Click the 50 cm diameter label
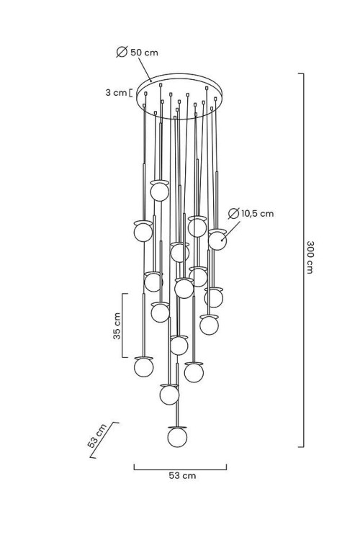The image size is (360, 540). click(144, 53)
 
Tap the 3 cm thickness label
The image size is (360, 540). click(116, 93)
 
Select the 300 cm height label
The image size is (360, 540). click(310, 257)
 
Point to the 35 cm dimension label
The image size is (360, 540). click(117, 325)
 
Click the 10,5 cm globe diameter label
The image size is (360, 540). click(257, 214)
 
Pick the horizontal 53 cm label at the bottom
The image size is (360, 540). click(182, 476)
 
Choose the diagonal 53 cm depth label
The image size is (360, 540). click(97, 436)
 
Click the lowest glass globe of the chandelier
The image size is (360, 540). click(177, 437)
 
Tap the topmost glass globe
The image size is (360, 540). click(160, 192)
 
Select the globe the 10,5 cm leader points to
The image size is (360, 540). click(217, 240)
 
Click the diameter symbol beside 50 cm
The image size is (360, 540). click(122, 52)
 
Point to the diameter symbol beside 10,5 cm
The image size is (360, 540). click(233, 214)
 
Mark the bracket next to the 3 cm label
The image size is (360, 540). click(130, 93)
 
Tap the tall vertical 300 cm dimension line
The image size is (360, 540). click(303, 260)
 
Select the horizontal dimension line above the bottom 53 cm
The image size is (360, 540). click(180, 469)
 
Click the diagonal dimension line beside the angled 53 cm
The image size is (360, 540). click(103, 441)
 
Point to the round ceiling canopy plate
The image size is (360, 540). click(180, 96)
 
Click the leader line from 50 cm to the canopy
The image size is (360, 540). click(145, 70)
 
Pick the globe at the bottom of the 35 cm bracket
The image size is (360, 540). click(144, 366)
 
